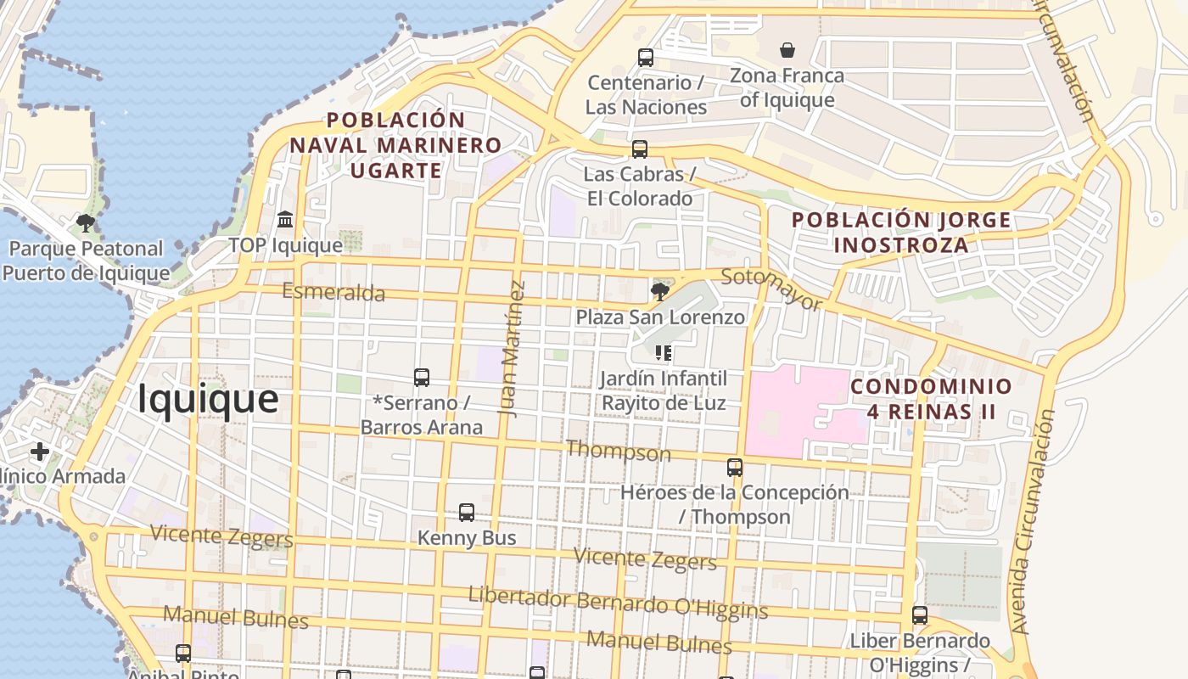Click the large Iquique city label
click(x=208, y=399)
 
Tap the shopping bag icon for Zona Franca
click(x=787, y=50)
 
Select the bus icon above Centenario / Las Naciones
click(x=646, y=58)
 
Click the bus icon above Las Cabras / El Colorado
click(x=640, y=149)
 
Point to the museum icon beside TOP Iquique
click(x=285, y=220)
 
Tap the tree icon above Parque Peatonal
click(x=85, y=223)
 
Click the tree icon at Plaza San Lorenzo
click(x=659, y=292)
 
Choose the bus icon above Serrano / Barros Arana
click(x=422, y=378)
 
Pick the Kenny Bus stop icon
click(x=467, y=513)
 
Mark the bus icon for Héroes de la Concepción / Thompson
click(x=735, y=468)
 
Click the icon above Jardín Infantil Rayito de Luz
click(x=664, y=352)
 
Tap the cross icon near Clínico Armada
click(x=39, y=451)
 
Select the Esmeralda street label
click(x=333, y=293)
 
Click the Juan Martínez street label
click(x=513, y=348)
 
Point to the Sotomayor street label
click(x=771, y=289)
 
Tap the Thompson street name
click(x=618, y=451)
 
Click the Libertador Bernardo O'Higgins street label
click(x=618, y=603)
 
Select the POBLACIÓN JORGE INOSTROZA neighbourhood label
click(x=901, y=233)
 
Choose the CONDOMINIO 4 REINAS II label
click(x=931, y=400)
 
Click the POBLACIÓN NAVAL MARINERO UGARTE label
click(x=395, y=145)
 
